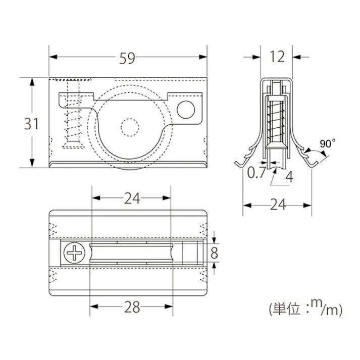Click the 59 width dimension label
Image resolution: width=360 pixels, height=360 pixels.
click(127, 59)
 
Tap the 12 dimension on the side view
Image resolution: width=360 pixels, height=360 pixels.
click(277, 57)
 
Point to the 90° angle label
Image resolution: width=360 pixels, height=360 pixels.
click(327, 144)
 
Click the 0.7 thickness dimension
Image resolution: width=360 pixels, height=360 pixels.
click(256, 174)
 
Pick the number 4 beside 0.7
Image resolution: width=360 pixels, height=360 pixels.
click(289, 177)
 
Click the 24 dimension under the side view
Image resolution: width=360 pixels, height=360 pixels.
click(277, 204)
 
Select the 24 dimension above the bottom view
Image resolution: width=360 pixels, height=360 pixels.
click(132, 198)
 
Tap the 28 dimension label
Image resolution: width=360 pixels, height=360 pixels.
click(132, 307)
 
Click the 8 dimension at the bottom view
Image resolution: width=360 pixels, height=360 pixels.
click(215, 252)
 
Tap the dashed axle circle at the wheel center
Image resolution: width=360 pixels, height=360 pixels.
click(129, 127)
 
